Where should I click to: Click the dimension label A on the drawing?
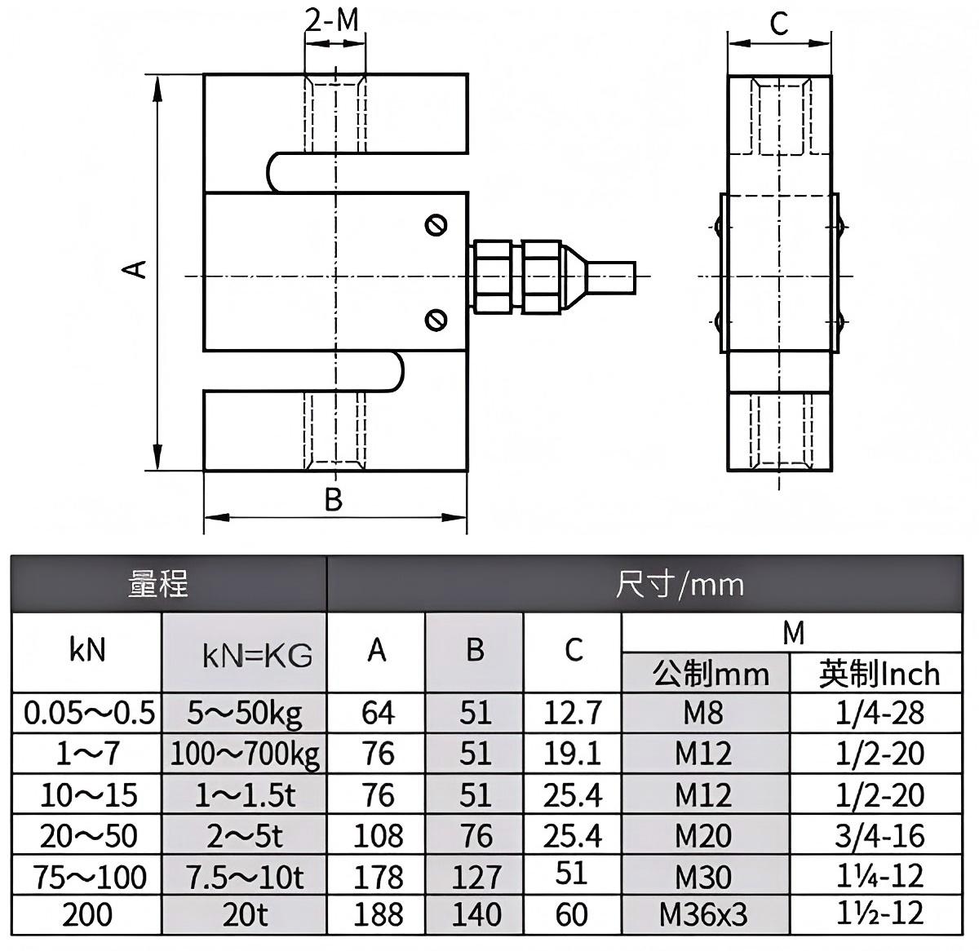click(x=139, y=268)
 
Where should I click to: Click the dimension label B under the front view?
click(x=333, y=499)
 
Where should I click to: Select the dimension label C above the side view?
click(x=779, y=24)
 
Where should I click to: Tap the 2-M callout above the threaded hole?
click(x=332, y=20)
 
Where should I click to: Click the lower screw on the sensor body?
click(x=436, y=320)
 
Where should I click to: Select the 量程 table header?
click(x=159, y=584)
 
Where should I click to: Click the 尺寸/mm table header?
click(x=680, y=584)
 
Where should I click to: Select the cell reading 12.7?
click(x=573, y=714)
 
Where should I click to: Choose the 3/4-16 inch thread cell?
click(x=879, y=835)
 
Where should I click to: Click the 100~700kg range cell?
click(x=245, y=754)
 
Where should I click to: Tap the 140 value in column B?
click(x=476, y=915)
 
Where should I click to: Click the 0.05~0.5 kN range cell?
click(x=88, y=714)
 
